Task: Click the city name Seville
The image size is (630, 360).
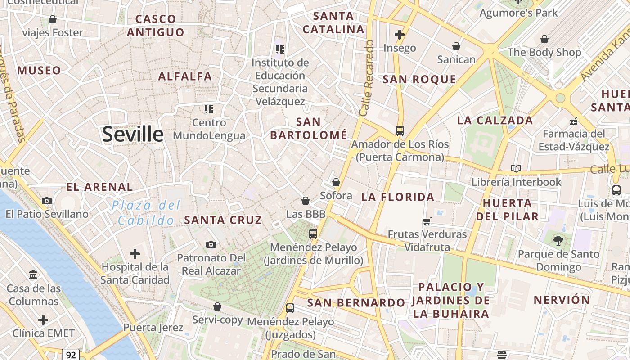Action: click(133, 135)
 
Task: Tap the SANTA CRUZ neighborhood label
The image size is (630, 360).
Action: click(223, 220)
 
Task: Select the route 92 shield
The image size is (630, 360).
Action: click(71, 355)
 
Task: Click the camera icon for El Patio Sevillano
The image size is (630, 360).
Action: click(46, 201)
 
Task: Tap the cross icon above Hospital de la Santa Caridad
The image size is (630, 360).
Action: click(135, 254)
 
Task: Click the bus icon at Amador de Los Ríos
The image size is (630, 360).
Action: click(400, 131)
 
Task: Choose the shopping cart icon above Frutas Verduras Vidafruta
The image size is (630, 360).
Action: click(427, 221)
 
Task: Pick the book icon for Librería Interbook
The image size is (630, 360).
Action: click(516, 168)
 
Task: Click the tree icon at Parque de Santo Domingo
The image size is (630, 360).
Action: click(558, 241)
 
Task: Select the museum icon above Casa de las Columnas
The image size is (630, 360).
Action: click(33, 274)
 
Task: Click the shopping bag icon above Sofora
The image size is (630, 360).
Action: click(336, 182)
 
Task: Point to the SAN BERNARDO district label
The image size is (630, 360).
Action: click(356, 303)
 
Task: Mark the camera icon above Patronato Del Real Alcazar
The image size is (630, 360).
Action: click(211, 244)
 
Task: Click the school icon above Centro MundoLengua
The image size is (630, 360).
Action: click(209, 109)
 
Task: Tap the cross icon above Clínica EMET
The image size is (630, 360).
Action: click(43, 320)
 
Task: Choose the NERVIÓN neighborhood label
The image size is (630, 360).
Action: click(562, 300)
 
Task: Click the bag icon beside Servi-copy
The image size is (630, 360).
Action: click(217, 306)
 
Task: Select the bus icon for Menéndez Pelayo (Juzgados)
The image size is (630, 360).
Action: click(290, 308)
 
